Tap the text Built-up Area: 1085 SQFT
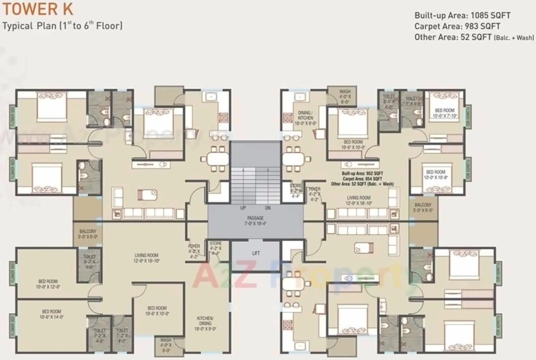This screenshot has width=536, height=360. click(x=462, y=15)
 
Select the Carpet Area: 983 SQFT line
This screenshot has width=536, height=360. click(x=457, y=26)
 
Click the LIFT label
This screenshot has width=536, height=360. click(x=256, y=253)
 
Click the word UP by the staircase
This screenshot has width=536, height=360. click(x=243, y=208)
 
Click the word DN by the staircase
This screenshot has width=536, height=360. click(x=268, y=208)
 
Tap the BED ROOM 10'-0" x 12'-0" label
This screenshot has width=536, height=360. click(x=48, y=284)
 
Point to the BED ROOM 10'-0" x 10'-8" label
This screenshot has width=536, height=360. click(x=435, y=174)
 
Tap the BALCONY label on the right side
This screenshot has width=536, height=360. click(x=423, y=207)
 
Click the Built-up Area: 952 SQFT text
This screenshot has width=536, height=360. click(x=363, y=173)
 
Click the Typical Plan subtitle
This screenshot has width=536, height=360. click(x=63, y=26)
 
